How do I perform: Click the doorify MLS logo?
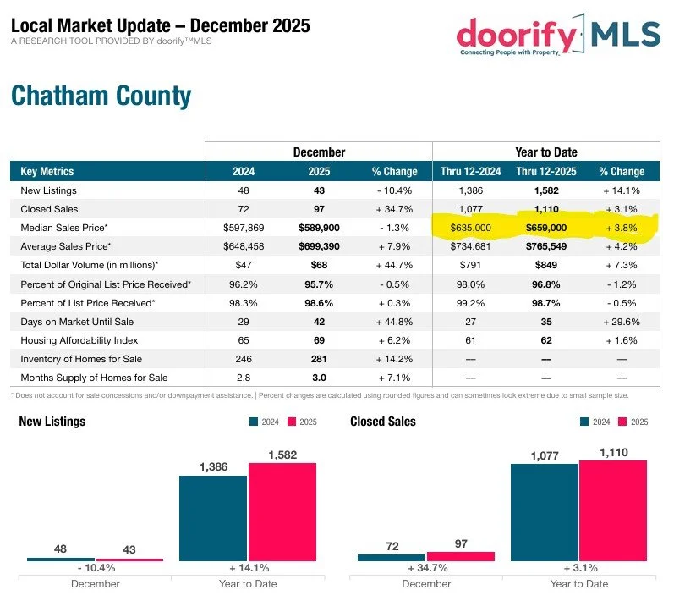[557, 35]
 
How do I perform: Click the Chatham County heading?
[101, 96]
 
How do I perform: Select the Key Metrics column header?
[47, 171]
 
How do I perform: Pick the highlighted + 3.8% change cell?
[621, 228]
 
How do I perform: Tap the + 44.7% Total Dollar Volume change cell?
[389, 265]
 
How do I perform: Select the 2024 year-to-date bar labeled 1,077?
[545, 512]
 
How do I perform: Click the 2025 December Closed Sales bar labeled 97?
[460, 556]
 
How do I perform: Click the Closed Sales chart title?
[382, 422]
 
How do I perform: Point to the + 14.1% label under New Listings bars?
[247, 568]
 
